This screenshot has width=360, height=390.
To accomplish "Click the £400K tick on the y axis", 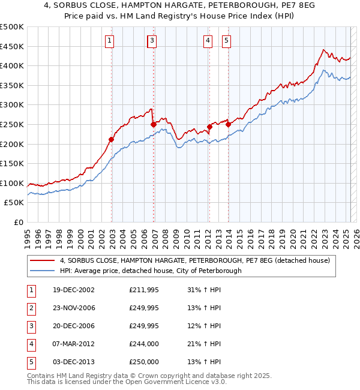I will point(12,65).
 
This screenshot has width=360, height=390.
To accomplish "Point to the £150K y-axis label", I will point(12,163).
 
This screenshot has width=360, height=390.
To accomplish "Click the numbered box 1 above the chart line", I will point(111,41).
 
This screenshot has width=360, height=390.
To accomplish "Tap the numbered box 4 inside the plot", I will point(208,41).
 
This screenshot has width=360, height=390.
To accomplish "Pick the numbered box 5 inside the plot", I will point(227,41).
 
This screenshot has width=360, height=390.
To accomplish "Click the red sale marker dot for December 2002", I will point(112,139).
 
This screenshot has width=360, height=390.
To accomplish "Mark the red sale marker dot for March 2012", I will point(209,127).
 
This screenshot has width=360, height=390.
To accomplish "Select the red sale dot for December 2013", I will point(228,124).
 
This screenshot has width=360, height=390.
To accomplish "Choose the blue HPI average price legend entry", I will point(150,271).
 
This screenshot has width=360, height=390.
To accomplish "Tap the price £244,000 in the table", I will point(144,344).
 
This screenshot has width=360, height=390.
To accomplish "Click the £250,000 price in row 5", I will point(144,362).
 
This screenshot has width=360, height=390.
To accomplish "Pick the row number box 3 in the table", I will point(30,326).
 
